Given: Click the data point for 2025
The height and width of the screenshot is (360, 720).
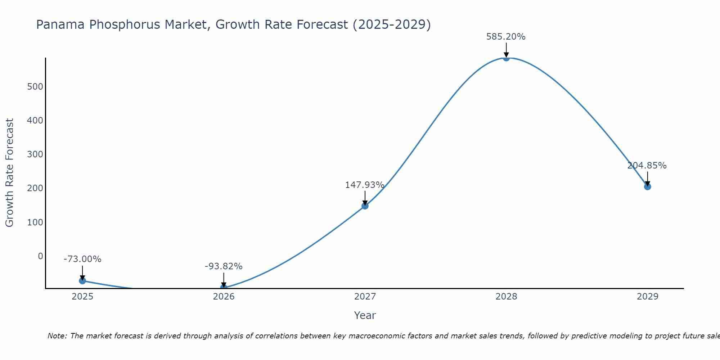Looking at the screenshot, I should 82,280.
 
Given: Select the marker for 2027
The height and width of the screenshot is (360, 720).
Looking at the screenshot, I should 365,206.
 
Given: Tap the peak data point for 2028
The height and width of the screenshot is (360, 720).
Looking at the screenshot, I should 506,58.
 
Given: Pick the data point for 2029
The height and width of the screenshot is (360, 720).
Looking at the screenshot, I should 647,186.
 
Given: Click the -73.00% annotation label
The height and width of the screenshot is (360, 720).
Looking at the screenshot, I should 82,259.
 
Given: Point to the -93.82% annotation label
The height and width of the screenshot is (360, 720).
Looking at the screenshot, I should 224,266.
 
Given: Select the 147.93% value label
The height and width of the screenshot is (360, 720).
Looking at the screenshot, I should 365,185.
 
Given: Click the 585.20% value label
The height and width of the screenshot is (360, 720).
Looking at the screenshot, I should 506,37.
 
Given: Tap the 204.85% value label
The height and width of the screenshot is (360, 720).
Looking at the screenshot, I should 647,166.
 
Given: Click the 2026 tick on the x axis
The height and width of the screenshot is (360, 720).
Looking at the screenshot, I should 224,297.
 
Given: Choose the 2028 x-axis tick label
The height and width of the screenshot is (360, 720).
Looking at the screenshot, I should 506,297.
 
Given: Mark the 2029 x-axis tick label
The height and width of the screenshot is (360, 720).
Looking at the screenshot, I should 647,297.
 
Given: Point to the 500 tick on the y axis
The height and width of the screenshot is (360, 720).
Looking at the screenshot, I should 35,86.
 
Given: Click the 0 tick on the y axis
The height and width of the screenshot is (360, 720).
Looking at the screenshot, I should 40,256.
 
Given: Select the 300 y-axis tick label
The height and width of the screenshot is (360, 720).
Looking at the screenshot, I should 35,154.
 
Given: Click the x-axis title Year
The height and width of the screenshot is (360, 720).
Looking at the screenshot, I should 365,315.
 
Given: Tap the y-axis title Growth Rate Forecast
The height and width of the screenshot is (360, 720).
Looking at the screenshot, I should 10,173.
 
